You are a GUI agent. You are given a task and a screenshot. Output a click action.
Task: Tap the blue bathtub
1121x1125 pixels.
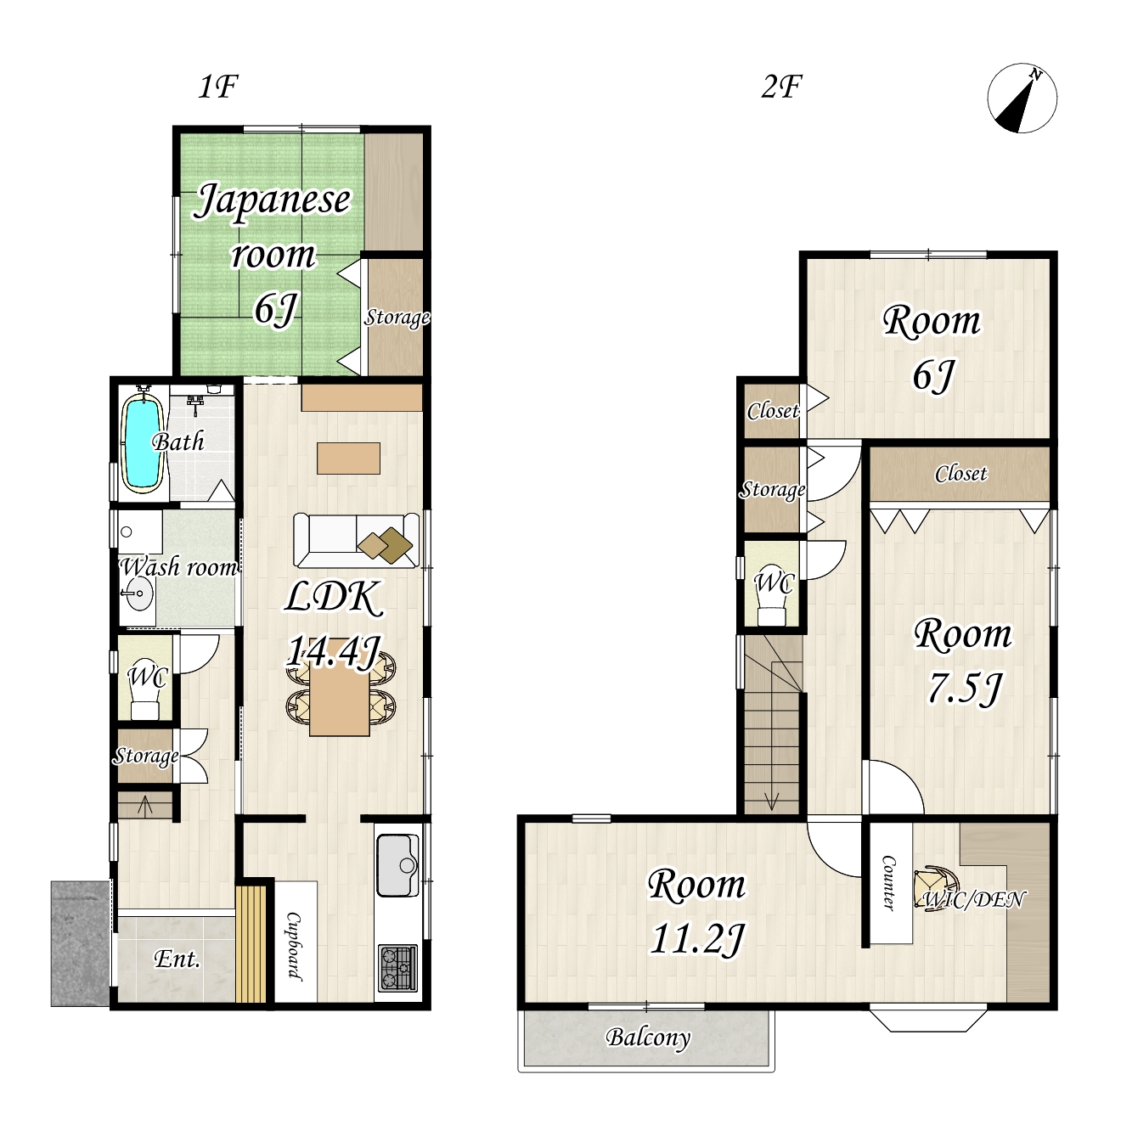click(x=142, y=443)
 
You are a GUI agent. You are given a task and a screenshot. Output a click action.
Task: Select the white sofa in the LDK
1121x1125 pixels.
click(x=356, y=540)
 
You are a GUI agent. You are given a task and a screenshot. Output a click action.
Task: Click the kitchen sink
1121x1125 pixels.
click(x=397, y=865)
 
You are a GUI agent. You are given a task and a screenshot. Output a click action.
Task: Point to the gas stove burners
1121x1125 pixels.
click(x=397, y=968)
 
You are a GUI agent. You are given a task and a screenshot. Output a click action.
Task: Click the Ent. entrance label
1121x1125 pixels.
click(x=177, y=959)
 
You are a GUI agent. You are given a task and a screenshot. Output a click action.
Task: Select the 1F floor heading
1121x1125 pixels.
click(x=218, y=87)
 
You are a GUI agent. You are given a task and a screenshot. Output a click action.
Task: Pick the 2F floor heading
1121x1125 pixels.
click(x=781, y=87)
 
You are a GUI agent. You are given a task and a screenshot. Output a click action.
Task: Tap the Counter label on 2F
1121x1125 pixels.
click(x=888, y=882)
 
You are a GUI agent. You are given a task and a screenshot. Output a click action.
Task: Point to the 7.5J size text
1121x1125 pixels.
click(x=965, y=688)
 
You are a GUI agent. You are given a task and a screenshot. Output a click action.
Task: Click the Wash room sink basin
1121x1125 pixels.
click(x=139, y=593)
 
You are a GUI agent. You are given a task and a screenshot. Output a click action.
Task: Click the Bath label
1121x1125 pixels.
click(x=178, y=442)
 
